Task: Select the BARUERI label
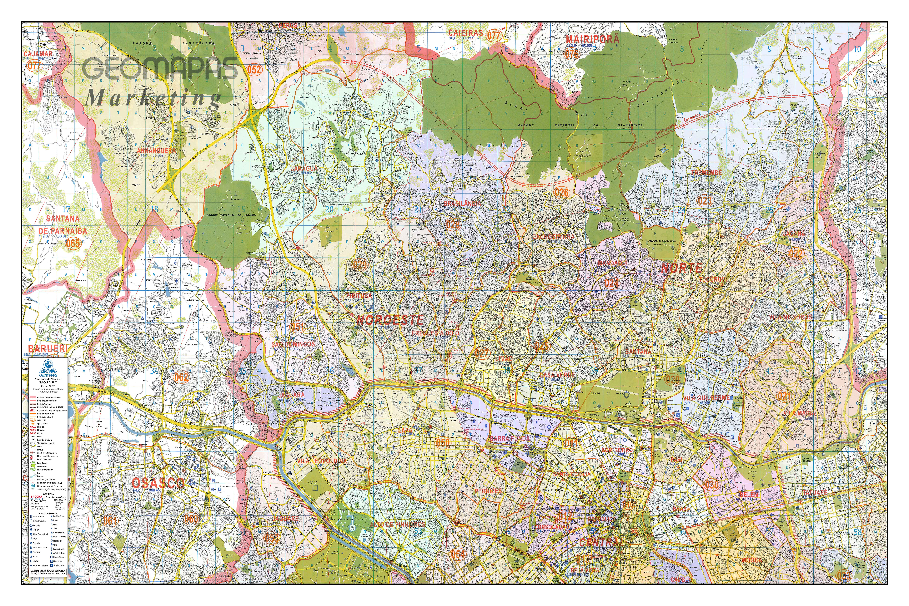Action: pos(47,348)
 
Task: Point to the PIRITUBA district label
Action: pos(359,296)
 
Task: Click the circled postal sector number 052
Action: pos(254,70)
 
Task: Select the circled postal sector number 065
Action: pos(72,243)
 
